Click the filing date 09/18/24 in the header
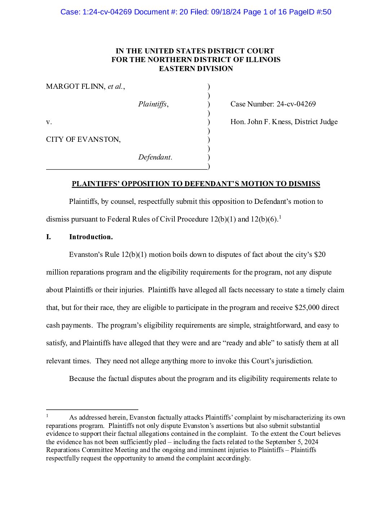click(x=228, y=12)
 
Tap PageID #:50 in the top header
click(x=310, y=12)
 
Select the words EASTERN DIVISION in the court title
click(x=196, y=69)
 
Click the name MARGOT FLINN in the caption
click(x=76, y=87)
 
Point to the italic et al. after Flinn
click(x=116, y=87)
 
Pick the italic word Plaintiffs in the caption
click(x=153, y=104)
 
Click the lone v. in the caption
click(x=49, y=122)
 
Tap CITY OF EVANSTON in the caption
click(x=83, y=140)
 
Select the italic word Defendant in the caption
click(x=155, y=157)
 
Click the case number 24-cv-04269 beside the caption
click(x=296, y=104)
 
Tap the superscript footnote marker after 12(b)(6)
click(x=280, y=217)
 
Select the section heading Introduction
click(x=91, y=237)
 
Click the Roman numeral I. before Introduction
click(x=48, y=237)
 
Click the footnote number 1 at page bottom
click(x=47, y=416)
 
